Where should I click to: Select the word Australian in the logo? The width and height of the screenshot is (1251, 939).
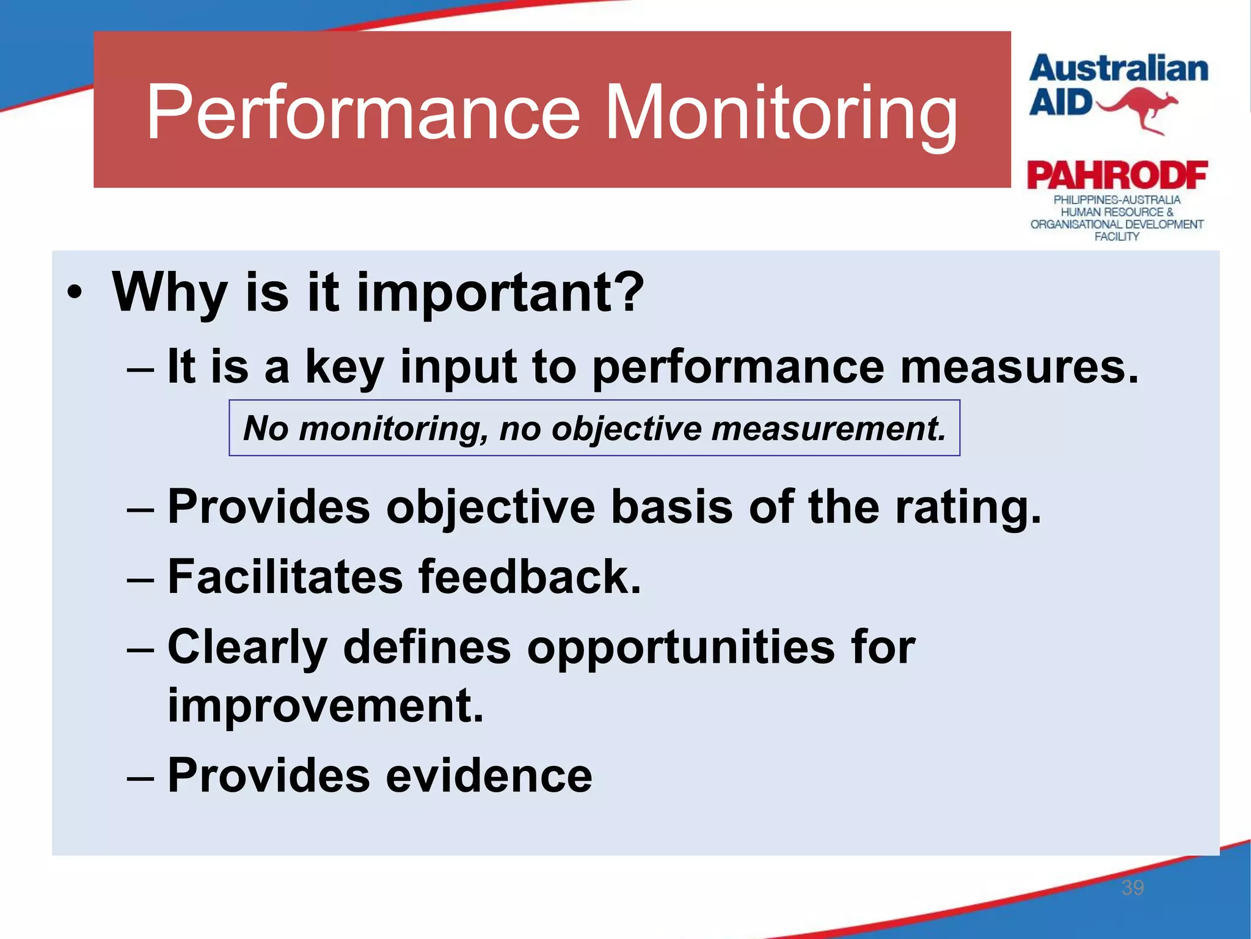[1118, 68]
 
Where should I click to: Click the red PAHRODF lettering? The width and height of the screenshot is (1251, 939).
[1117, 176]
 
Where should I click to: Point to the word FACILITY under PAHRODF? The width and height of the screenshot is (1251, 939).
[1117, 237]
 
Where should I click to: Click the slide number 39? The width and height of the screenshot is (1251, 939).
[1132, 888]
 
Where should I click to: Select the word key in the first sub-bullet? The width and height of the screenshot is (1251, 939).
[345, 367]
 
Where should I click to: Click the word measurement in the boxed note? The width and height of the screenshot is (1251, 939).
[829, 428]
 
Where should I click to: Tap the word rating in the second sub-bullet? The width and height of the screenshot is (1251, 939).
[968, 507]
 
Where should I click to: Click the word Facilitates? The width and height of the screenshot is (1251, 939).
[285, 576]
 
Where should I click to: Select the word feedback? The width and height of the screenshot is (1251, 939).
[530, 576]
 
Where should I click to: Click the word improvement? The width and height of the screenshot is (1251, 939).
[326, 705]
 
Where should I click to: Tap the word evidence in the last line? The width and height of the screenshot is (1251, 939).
[489, 775]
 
